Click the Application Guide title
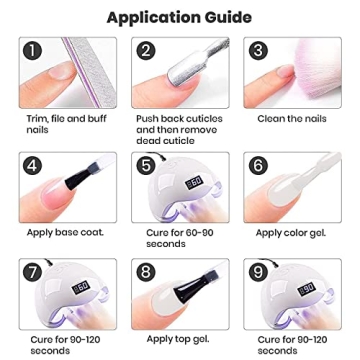tap(180, 17)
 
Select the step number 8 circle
tap(146, 271)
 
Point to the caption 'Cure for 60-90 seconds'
tap(174, 237)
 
